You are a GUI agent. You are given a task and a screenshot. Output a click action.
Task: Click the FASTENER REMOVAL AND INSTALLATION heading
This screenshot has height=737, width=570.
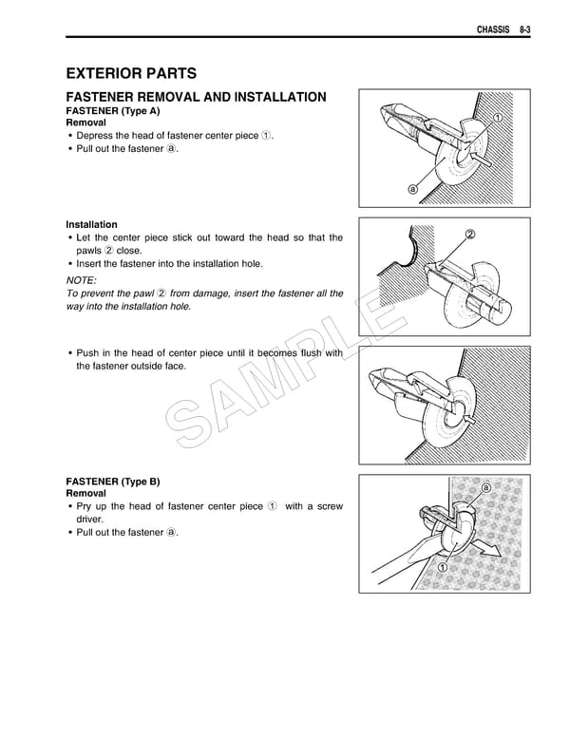point(195,97)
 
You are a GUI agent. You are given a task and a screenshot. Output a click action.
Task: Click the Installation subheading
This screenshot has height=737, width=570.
point(91,224)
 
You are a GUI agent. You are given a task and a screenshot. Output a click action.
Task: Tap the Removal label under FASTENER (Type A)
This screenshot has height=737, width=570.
point(85,123)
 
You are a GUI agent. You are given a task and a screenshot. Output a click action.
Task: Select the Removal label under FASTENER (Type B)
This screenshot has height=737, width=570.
point(85,494)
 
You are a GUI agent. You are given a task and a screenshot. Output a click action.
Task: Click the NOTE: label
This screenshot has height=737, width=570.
point(81,281)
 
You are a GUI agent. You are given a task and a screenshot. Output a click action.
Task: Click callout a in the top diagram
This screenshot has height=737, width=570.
point(412,188)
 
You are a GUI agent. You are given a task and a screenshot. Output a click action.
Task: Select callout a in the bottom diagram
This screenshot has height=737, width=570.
point(485,488)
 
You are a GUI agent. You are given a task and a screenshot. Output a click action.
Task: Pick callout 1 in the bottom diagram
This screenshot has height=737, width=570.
point(443,568)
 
